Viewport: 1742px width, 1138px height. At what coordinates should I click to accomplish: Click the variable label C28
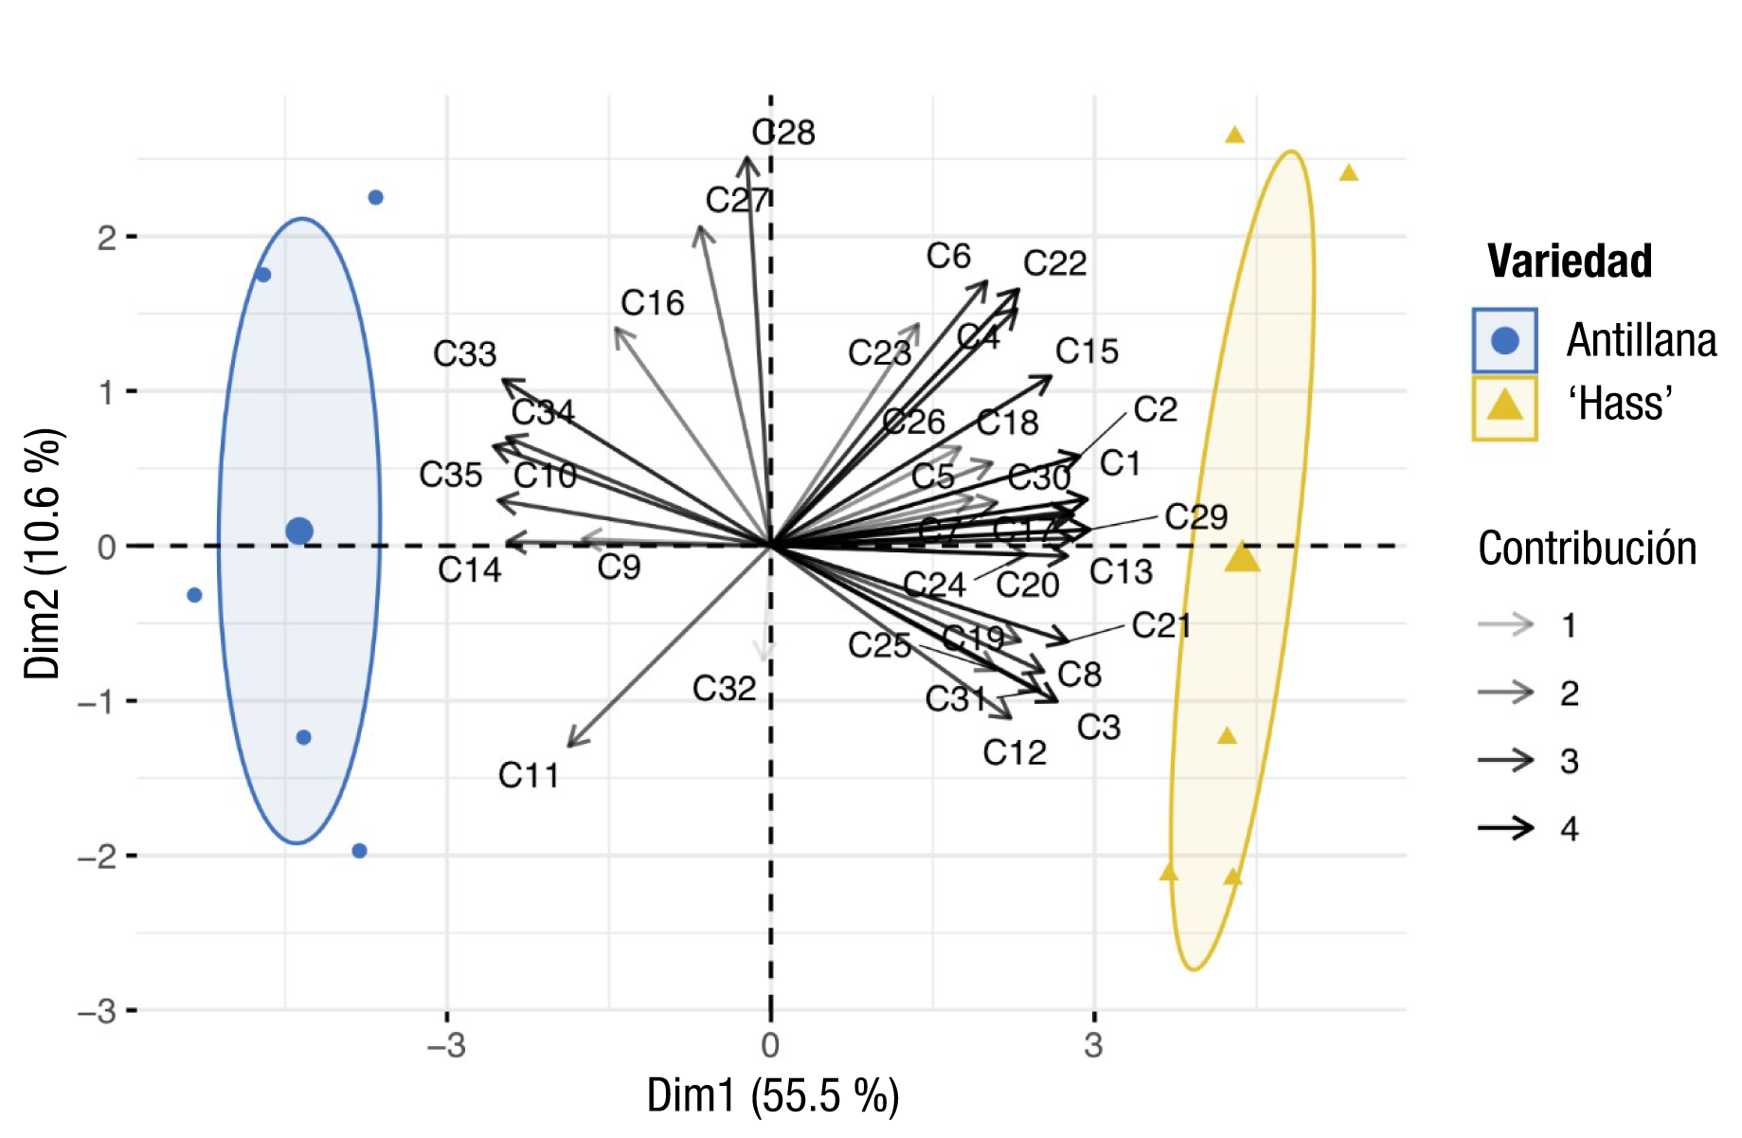pos(783,132)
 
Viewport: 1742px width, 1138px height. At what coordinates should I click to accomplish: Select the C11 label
pos(529,775)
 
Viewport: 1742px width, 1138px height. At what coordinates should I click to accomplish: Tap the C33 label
pos(464,353)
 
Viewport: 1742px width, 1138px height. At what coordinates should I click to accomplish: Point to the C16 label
pos(652,303)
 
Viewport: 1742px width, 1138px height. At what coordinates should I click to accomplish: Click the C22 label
pos(1054,262)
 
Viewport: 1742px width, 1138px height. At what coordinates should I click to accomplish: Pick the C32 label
pos(724,689)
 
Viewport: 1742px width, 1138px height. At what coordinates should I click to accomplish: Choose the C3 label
pos(1099,727)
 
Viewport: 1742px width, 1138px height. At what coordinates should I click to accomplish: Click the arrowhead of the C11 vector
pos(570,744)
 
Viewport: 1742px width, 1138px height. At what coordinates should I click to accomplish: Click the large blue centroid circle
pos(299,531)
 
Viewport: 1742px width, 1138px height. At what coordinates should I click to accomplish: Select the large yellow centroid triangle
pos(1242,558)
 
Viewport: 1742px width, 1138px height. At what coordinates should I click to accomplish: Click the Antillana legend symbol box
pos(1504,340)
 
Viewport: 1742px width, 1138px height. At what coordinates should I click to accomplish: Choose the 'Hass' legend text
pos(1620,404)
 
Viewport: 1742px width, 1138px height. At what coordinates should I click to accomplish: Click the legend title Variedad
pos(1570,261)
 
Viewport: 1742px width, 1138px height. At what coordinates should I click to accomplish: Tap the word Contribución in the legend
pos(1587,549)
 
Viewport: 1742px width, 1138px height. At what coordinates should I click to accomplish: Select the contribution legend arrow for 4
pos(1505,828)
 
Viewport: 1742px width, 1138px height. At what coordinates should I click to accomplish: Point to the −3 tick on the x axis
pos(446,1046)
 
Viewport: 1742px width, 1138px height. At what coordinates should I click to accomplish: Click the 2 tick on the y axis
pos(107,237)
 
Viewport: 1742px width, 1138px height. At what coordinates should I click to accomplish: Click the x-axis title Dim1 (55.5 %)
pos(772,1096)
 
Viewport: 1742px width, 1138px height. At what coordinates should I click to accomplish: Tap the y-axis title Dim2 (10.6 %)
pos(43,554)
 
